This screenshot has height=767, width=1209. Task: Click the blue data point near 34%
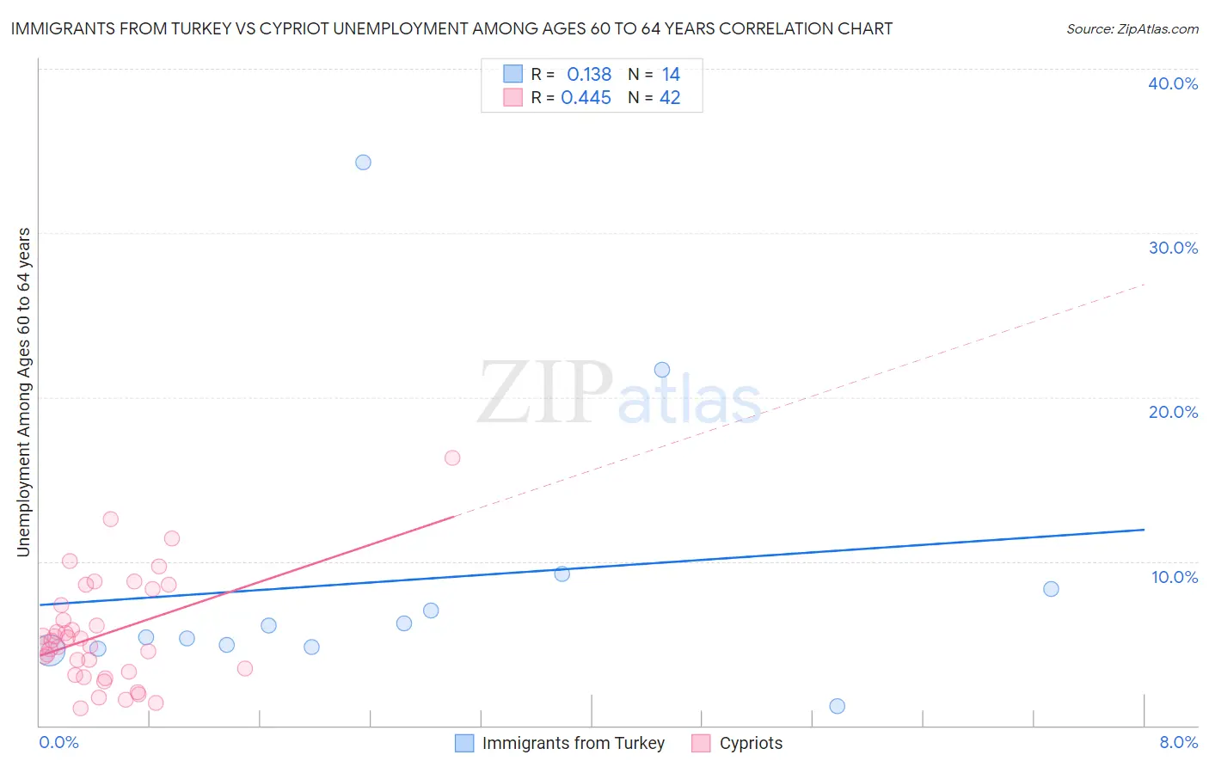(x=363, y=163)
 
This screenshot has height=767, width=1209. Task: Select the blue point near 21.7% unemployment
(x=662, y=370)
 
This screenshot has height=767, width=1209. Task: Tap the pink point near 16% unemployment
(x=452, y=457)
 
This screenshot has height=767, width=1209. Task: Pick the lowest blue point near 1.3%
(x=838, y=706)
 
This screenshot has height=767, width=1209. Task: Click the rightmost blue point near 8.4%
(x=1051, y=589)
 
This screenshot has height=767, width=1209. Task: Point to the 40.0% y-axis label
(x=1173, y=83)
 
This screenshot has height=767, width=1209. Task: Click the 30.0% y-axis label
(x=1173, y=248)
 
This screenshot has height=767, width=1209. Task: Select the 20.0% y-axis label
(x=1173, y=412)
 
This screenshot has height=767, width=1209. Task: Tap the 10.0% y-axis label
(x=1175, y=577)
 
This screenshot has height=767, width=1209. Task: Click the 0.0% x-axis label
(x=58, y=742)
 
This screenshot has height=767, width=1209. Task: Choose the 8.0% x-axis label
(x=1178, y=742)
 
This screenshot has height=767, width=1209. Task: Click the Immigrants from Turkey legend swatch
(x=464, y=743)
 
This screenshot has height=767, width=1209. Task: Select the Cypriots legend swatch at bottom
(x=702, y=743)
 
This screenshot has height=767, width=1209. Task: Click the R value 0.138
(x=589, y=75)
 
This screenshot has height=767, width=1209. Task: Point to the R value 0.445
(x=586, y=98)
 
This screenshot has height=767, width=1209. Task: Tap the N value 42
(x=670, y=98)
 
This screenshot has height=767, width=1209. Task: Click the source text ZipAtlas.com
(x=1132, y=29)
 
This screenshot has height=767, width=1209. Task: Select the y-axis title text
(x=23, y=391)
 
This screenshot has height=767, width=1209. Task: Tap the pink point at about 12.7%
(x=110, y=518)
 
